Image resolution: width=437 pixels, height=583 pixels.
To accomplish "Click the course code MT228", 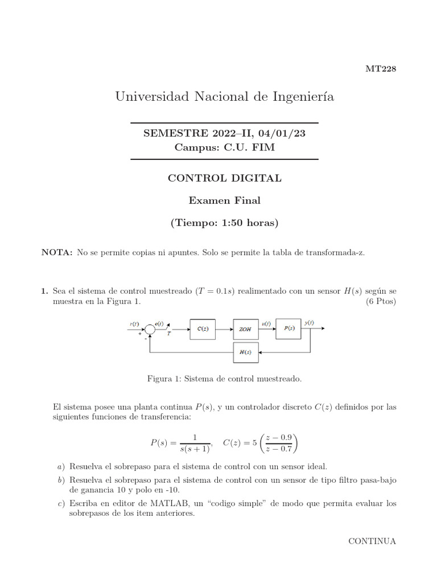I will pyautogui.click(x=380, y=69).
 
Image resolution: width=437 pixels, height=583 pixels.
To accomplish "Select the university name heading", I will pyautogui.click(x=225, y=97).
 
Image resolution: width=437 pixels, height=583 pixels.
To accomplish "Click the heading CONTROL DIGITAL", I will pyautogui.click(x=224, y=178).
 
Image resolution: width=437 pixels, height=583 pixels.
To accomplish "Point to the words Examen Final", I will pyautogui.click(x=224, y=200).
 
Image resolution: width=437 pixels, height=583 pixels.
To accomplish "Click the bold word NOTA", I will pyautogui.click(x=57, y=252).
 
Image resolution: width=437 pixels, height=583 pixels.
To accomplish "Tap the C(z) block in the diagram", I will pyautogui.click(x=202, y=329).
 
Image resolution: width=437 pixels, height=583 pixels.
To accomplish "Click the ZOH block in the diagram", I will pyautogui.click(x=245, y=329).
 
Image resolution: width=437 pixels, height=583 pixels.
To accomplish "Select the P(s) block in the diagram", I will pyautogui.click(x=288, y=329).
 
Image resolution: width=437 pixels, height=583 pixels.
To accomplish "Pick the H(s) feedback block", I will pyautogui.click(x=245, y=352).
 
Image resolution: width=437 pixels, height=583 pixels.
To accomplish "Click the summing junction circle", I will pyautogui.click(x=150, y=329).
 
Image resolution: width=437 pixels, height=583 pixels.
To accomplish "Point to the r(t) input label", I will pyautogui.click(x=134, y=324).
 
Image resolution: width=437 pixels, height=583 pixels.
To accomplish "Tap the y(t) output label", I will pyautogui.click(x=308, y=323).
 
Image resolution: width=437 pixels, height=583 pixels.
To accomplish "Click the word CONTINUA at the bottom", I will pyautogui.click(x=372, y=541).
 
